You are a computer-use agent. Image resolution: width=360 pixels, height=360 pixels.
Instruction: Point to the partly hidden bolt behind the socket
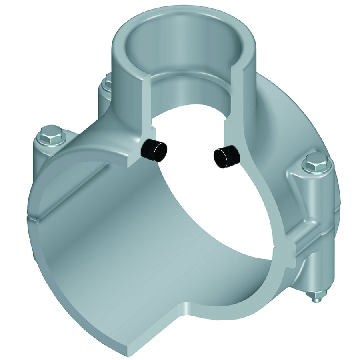coord(107,84)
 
